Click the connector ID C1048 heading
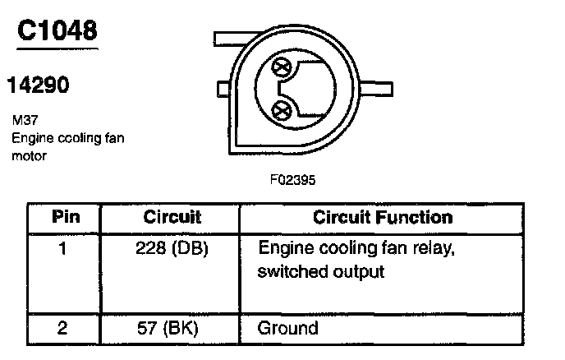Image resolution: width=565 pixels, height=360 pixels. [x=57, y=30]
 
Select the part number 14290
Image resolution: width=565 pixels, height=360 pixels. [x=38, y=85]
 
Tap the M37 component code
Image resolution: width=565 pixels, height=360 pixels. [x=24, y=120]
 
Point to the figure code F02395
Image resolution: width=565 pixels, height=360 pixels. [x=292, y=178]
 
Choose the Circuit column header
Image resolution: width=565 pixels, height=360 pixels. [x=172, y=218]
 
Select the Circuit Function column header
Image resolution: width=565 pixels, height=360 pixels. [x=383, y=218]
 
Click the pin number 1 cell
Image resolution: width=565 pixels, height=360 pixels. [x=63, y=248]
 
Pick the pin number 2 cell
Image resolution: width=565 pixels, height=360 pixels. [x=63, y=328]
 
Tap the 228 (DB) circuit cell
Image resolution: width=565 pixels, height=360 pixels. [x=172, y=248]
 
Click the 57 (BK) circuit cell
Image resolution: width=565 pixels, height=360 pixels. [x=172, y=328]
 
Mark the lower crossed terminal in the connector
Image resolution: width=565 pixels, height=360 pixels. [x=283, y=109]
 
